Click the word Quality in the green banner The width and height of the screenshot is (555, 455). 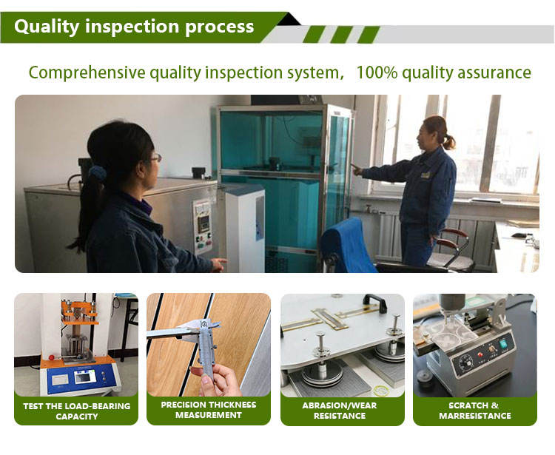[x=47, y=27]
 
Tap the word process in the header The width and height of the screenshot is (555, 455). [x=220, y=27]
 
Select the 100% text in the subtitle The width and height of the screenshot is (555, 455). [x=377, y=73]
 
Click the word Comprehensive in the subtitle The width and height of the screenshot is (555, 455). [x=87, y=73]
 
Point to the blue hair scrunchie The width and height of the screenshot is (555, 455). [x=98, y=173]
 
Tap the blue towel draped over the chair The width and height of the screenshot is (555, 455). [x=349, y=245]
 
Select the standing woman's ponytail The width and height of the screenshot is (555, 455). [x=449, y=141]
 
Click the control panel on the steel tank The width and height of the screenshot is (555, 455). [x=203, y=227]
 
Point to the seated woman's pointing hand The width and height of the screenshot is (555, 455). [x=219, y=264]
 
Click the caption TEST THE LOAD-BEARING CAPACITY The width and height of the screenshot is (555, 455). [x=77, y=411]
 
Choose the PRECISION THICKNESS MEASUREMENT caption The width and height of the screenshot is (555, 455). [x=209, y=410]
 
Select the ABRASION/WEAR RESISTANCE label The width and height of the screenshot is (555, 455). [x=340, y=411]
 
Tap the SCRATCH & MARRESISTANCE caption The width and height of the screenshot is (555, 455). [x=475, y=411]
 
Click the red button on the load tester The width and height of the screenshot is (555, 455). [x=52, y=357]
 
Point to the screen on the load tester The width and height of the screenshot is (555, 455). [x=85, y=377]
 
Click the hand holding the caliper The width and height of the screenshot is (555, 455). [x=218, y=380]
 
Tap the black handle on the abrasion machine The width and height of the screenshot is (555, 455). [x=375, y=303]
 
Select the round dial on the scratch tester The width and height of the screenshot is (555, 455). [x=466, y=364]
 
